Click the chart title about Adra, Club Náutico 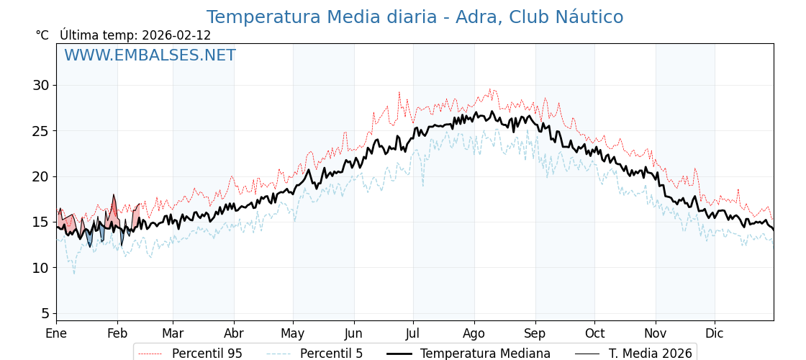coord(415,17)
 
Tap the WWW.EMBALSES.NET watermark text coord(150,55)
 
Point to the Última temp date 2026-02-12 coord(176,35)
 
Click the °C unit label coord(42,35)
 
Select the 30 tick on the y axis coord(40,85)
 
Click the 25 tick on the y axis coord(40,131)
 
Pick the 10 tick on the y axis coord(40,268)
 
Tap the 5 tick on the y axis coord(45,313)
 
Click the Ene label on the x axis coord(56,334)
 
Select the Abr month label coord(234,334)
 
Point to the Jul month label coord(413,334)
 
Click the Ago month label coord(474,334)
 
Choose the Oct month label coord(594,334)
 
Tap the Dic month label coord(715,334)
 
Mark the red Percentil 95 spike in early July coord(399,93)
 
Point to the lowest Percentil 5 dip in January coord(73,273)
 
